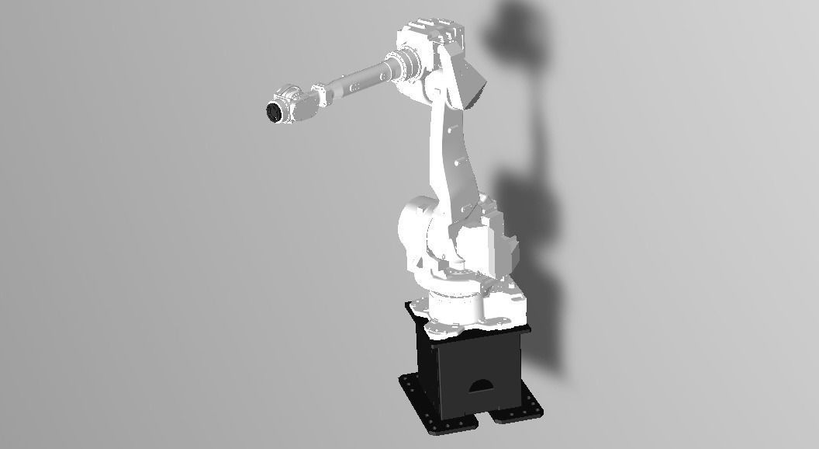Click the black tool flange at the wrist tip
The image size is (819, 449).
tap(273, 111)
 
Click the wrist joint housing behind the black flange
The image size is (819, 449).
tap(295, 106)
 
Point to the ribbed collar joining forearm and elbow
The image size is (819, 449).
tap(403, 63)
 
